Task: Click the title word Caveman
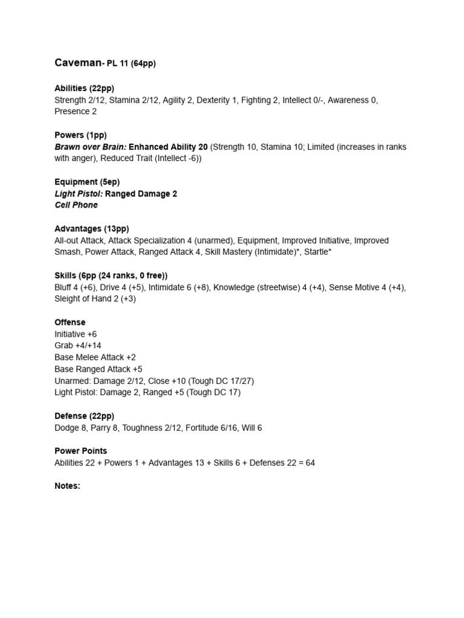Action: pyautogui.click(x=77, y=63)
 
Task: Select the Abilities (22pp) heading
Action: pyautogui.click(x=84, y=88)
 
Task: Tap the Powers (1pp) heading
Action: pyautogui.click(x=80, y=135)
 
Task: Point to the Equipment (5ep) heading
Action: pyautogui.click(x=84, y=182)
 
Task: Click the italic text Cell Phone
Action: pyautogui.click(x=76, y=205)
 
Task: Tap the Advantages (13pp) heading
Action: pyautogui.click(x=91, y=229)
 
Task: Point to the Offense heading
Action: pyautogui.click(x=70, y=322)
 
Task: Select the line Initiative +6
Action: pyautogui.click(x=76, y=334)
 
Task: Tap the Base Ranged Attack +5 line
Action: pyautogui.click(x=98, y=369)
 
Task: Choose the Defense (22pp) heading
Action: pyautogui.click(x=84, y=416)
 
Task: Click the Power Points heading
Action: pyautogui.click(x=81, y=451)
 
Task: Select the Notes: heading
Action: pyautogui.click(x=67, y=486)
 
